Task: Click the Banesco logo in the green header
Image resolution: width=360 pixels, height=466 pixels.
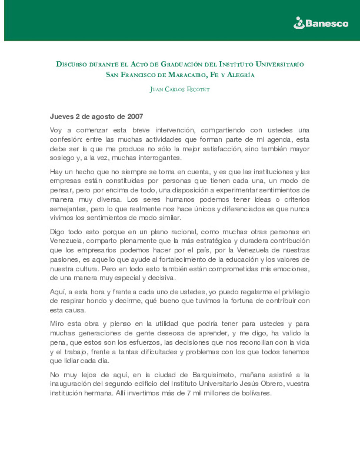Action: click(321, 23)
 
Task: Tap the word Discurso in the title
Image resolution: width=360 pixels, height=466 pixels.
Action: click(71, 64)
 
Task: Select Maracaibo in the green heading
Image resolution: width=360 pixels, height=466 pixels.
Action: click(187, 75)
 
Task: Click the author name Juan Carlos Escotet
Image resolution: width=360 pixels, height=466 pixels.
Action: click(180, 89)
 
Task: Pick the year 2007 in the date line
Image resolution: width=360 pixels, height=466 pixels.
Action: click(135, 117)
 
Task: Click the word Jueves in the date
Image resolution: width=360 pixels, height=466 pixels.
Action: click(62, 117)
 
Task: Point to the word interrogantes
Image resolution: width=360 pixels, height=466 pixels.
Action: click(160, 158)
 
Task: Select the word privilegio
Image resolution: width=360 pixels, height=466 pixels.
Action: click(296, 292)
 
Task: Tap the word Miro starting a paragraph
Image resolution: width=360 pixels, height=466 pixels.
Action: click(57, 324)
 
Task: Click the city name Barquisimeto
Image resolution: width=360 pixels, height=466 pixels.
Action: click(213, 375)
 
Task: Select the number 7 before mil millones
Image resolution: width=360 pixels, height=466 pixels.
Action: click(189, 393)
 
